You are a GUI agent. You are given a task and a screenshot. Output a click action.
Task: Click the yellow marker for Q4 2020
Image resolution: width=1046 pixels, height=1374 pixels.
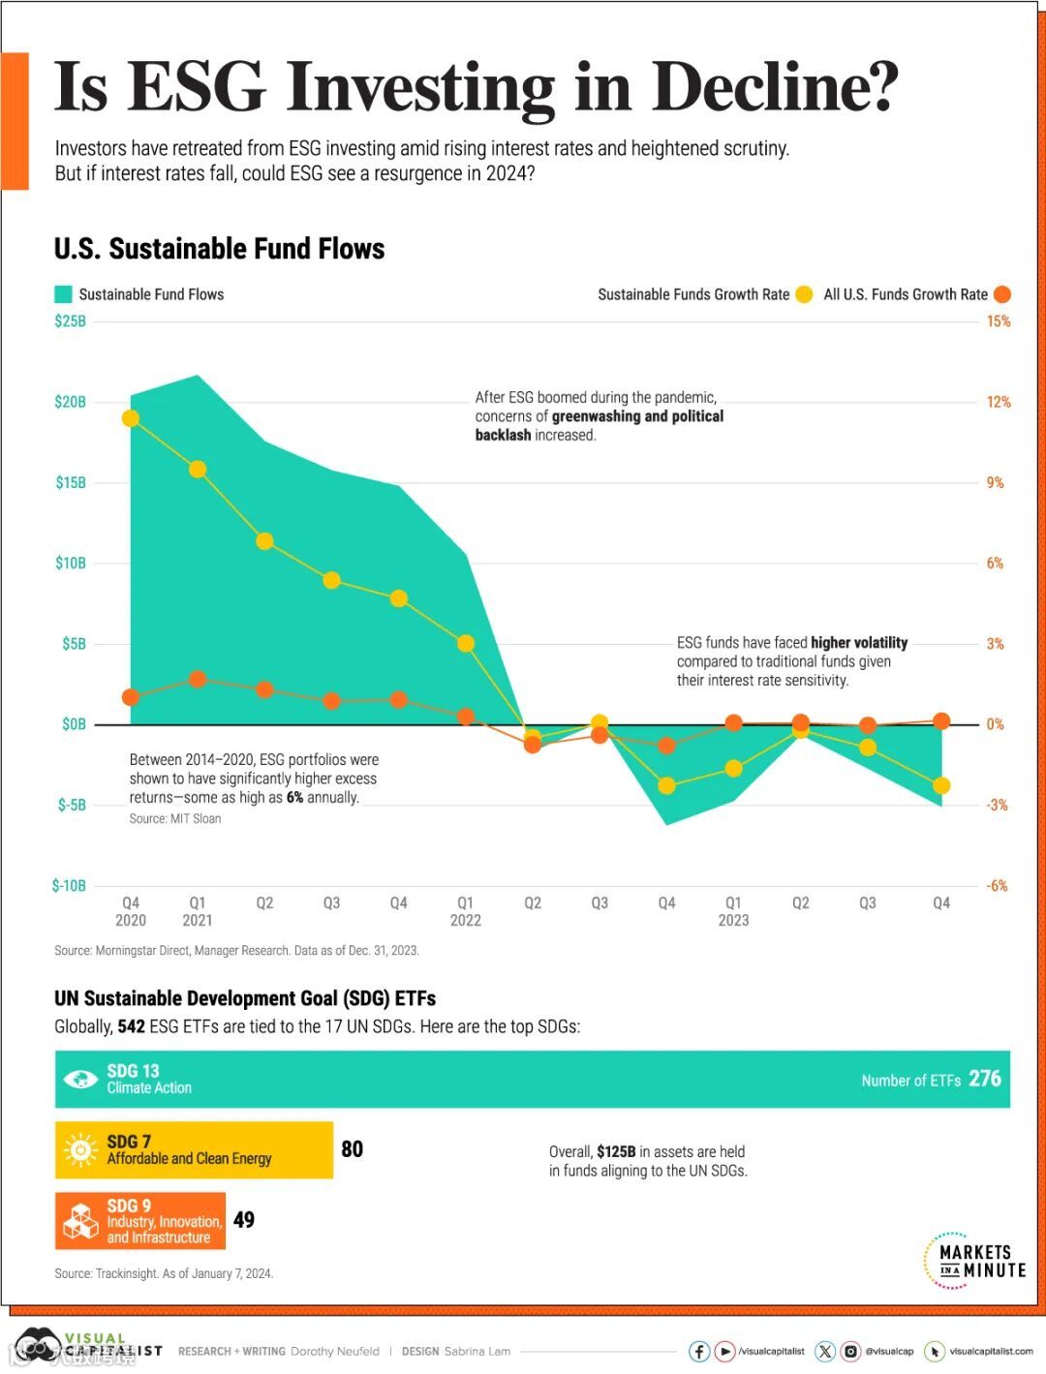click(x=131, y=418)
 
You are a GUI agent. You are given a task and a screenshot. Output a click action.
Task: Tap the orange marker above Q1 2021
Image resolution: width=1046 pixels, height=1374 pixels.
click(x=198, y=680)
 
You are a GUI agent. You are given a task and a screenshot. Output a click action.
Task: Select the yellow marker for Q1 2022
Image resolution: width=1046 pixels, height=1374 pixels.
click(x=466, y=644)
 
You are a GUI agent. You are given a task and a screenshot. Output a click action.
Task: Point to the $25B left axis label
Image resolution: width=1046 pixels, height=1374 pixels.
click(x=70, y=321)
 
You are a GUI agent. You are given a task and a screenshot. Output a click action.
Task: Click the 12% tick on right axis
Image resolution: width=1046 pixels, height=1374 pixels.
click(x=999, y=402)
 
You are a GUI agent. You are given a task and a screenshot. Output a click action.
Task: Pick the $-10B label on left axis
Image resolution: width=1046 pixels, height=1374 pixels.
click(x=69, y=886)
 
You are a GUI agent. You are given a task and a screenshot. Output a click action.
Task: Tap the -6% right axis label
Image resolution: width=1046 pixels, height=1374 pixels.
click(x=997, y=886)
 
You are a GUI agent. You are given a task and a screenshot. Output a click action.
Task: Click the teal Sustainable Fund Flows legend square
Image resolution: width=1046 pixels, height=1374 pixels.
click(x=63, y=294)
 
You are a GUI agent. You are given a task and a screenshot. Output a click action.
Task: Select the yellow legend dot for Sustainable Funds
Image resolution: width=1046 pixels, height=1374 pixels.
click(x=804, y=294)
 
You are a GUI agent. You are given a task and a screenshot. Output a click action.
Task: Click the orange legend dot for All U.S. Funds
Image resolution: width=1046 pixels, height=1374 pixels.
click(x=1001, y=294)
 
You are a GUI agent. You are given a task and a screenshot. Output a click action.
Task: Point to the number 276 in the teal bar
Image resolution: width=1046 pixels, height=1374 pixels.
click(x=984, y=1079)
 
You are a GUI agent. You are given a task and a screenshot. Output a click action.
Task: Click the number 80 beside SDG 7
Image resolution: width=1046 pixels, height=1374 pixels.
click(x=353, y=1149)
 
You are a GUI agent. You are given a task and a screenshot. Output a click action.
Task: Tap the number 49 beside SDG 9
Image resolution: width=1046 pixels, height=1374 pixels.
click(x=244, y=1220)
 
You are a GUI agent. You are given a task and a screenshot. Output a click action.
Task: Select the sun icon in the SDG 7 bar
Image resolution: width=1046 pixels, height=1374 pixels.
click(x=80, y=1150)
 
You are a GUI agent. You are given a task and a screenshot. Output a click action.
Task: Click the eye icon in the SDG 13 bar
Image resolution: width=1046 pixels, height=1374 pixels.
click(x=80, y=1080)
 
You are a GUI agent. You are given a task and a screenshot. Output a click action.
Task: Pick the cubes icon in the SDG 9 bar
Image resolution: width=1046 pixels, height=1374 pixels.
click(x=80, y=1222)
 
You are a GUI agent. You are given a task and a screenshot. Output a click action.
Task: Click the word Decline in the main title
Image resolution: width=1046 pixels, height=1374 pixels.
click(x=775, y=87)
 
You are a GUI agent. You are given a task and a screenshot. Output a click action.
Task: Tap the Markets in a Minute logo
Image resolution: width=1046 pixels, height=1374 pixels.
click(x=974, y=1261)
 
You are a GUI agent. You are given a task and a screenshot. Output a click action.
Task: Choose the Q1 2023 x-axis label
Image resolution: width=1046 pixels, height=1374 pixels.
click(x=733, y=911)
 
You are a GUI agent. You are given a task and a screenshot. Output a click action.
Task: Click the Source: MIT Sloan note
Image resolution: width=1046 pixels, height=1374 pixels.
click(x=175, y=819)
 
